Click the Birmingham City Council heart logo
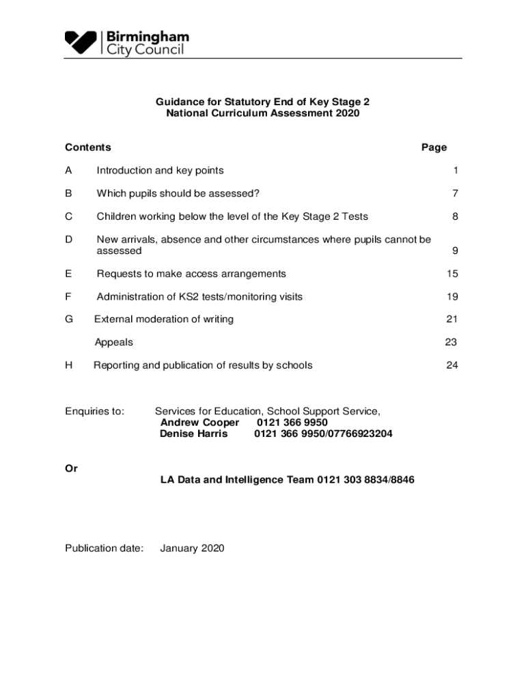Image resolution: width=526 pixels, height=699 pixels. [81, 43]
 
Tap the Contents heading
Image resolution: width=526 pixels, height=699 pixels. [88, 147]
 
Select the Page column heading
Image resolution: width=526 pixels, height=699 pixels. [434, 147]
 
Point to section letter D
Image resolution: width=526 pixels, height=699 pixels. [68, 240]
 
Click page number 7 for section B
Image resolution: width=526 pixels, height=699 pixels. [454, 194]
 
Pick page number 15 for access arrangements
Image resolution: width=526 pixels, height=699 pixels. [452, 274]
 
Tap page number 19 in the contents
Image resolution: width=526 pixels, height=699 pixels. [452, 297]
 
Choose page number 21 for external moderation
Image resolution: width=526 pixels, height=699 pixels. [452, 319]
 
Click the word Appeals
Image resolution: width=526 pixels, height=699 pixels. [113, 343]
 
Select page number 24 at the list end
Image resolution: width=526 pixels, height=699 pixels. [452, 365]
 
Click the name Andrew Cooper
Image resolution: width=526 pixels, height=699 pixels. [199, 423]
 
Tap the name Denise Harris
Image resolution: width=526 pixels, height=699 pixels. [194, 434]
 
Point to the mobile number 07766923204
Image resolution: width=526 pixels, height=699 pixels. [359, 434]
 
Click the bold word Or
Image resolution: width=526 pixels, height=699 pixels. [71, 469]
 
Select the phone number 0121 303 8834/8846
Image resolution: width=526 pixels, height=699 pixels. [365, 481]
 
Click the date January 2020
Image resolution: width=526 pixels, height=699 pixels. [192, 548]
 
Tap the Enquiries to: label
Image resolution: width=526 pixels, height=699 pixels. [95, 412]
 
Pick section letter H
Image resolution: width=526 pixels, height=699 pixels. [68, 365]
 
